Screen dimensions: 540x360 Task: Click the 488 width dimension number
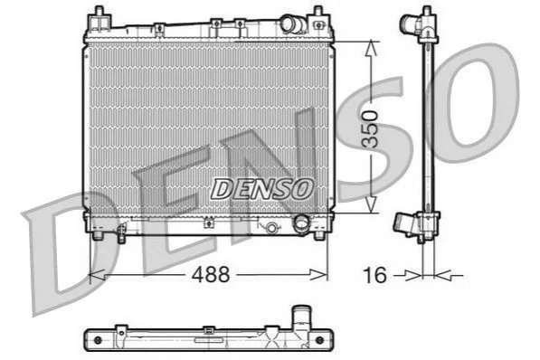coord(211,275)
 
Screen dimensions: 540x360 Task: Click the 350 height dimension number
coord(371,129)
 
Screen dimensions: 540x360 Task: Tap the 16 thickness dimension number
coord(374,275)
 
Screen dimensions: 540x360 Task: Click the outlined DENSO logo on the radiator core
coord(262,189)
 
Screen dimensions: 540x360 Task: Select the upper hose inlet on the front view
coord(290,24)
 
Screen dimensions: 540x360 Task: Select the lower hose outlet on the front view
coord(301,223)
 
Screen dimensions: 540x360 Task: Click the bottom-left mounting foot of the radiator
coord(99,235)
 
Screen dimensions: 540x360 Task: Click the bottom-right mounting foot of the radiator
coord(319,235)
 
